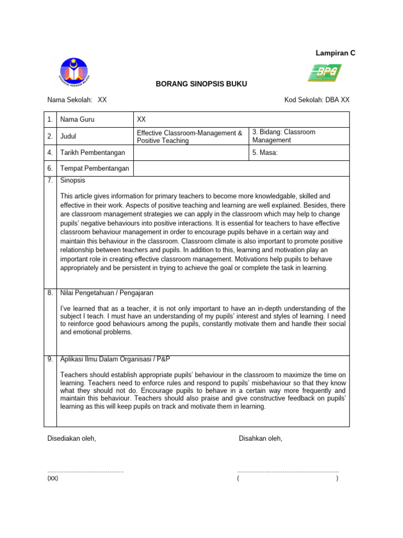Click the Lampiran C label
[x=335, y=53]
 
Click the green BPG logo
[x=324, y=73]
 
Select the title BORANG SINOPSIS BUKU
[x=201, y=84]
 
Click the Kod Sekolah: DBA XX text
[x=316, y=99]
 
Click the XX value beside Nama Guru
[x=141, y=120]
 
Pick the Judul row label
[x=69, y=137]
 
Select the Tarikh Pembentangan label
[x=93, y=153]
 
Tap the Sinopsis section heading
[x=73, y=180]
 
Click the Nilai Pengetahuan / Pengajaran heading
[x=107, y=293]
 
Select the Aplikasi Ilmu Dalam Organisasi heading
[x=115, y=359]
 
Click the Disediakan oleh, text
[x=72, y=439]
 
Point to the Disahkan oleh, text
[x=260, y=439]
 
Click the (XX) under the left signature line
[x=53, y=478]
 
